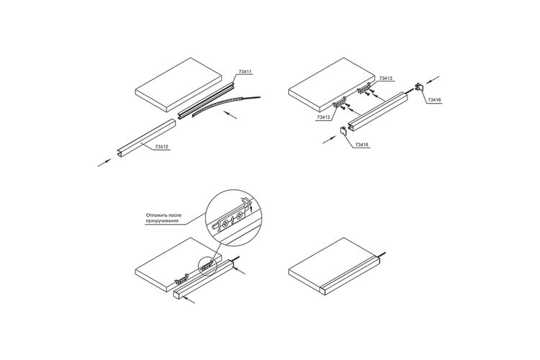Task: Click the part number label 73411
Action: pos(246,72)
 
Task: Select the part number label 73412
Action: pos(161,147)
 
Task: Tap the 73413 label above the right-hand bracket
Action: pos(385,78)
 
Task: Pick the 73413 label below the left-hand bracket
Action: pos(323,117)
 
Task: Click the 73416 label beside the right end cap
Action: pos(434,100)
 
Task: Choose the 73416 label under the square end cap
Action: pos(361,145)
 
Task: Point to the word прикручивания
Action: pos(162,221)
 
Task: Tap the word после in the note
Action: pos(175,215)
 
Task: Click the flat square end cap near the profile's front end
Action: pos(343,130)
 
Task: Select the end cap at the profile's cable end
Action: pos(419,87)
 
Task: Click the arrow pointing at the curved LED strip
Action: pos(230,114)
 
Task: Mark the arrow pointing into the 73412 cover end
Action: pos(104,163)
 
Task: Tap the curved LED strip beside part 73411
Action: pos(217,104)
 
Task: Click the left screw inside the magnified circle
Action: pos(225,223)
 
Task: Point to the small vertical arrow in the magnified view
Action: pos(252,208)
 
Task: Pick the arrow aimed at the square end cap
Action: pos(330,140)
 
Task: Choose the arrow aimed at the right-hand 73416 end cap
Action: pos(433,80)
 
